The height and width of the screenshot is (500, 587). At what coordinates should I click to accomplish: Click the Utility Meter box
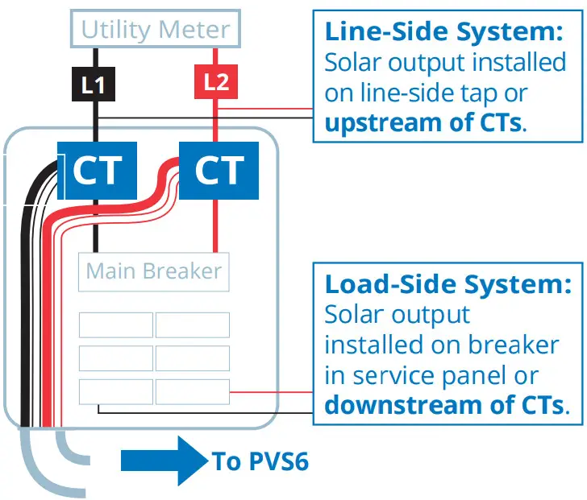(x=156, y=31)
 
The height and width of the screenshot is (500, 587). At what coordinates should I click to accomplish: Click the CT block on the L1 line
(x=97, y=170)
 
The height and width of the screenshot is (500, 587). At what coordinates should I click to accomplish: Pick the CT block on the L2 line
(x=219, y=170)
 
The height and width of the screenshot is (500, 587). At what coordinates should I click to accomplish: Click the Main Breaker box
(x=153, y=272)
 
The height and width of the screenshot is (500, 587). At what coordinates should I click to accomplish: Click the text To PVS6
(x=260, y=461)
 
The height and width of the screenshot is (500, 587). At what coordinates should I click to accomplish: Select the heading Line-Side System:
(x=444, y=31)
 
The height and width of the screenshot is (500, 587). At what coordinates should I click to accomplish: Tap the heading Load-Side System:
(x=448, y=284)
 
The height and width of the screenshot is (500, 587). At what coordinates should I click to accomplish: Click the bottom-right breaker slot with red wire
(x=192, y=392)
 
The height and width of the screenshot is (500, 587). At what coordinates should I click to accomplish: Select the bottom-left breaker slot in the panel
(x=116, y=392)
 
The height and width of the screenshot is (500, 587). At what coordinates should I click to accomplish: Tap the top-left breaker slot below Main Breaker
(x=116, y=325)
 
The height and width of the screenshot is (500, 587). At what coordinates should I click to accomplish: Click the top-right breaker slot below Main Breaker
(x=192, y=325)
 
